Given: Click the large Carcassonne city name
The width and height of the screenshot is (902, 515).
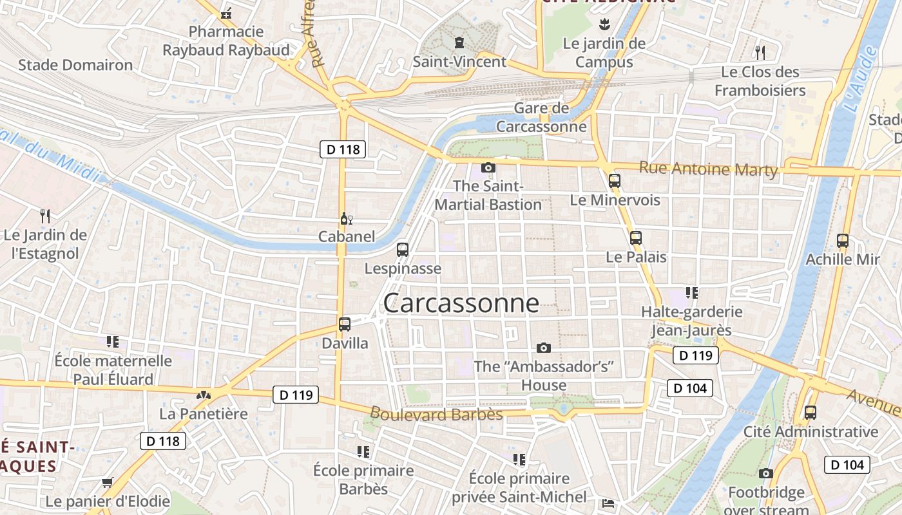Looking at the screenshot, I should (461, 303).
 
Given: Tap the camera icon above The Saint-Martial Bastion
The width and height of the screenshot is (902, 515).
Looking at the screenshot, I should (488, 167).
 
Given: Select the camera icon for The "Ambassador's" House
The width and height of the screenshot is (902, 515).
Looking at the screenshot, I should (544, 348).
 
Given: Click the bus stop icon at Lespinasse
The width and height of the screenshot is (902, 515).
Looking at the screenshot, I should (403, 249).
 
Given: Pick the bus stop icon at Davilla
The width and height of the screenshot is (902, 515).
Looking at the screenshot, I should (345, 324).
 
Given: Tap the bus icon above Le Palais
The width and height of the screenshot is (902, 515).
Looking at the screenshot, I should (636, 238).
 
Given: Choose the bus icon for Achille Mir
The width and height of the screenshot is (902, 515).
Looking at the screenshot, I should (843, 241).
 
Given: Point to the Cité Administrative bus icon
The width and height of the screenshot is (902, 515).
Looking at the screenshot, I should (811, 412).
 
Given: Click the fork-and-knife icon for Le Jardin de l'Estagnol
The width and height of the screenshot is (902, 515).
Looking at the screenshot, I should (44, 216).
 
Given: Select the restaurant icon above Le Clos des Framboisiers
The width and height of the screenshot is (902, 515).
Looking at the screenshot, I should (760, 52).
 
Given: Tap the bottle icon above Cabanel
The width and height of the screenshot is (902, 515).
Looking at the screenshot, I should (346, 219).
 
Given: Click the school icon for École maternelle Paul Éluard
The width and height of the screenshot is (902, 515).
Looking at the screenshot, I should (113, 341).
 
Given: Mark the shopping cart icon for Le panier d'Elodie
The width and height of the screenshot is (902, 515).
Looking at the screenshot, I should (108, 482).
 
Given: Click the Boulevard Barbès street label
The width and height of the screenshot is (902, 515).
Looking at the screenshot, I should (436, 413).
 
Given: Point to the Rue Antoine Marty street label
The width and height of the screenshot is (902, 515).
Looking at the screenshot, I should (708, 169).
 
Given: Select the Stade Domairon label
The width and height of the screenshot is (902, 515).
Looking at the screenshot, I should (75, 65).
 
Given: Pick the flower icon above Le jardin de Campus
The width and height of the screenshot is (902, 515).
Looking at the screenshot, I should (604, 25).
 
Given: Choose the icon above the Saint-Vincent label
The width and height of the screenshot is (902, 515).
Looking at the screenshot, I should (459, 42).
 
